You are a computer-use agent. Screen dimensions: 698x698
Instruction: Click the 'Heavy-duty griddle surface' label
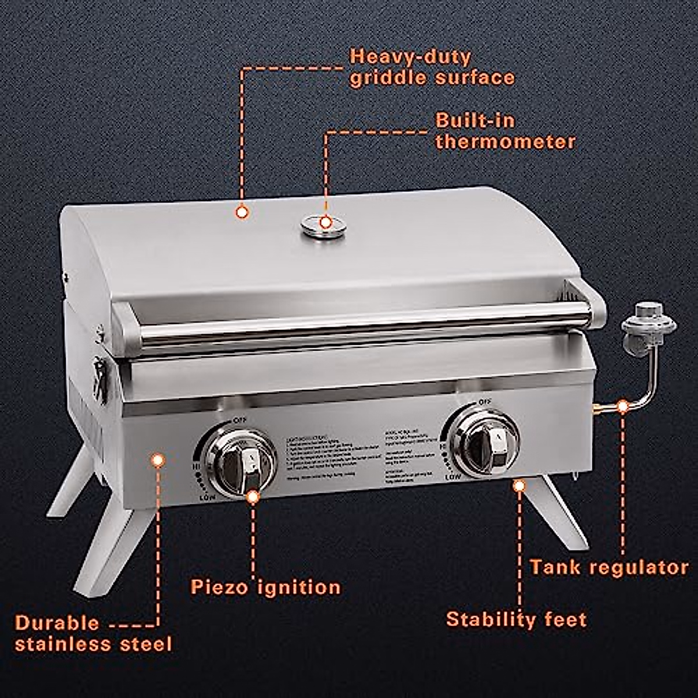(432, 67)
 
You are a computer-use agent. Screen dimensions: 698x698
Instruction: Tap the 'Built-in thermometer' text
(505, 131)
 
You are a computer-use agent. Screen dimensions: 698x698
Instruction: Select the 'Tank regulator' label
(608, 567)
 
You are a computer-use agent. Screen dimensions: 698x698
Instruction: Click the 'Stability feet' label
(516, 619)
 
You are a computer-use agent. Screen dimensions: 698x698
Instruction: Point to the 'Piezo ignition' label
(266, 586)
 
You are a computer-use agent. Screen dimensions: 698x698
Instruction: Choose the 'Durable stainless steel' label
(93, 633)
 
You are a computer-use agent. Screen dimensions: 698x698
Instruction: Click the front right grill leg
(555, 512)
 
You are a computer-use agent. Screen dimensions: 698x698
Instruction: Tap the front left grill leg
(111, 547)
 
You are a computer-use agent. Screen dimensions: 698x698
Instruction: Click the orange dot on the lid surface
(243, 212)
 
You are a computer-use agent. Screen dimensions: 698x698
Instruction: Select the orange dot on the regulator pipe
(623, 406)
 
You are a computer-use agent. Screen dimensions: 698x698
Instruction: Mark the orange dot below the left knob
(253, 496)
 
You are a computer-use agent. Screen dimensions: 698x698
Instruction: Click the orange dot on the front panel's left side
(157, 461)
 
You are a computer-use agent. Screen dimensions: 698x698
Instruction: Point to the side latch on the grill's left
(100, 378)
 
